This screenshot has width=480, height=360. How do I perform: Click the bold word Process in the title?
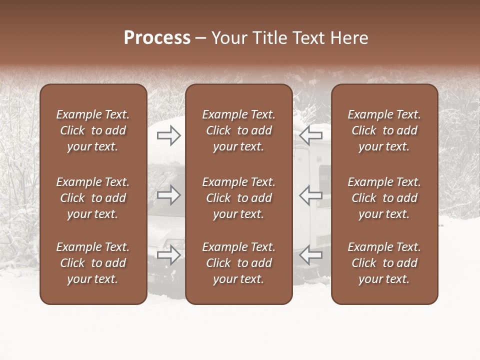pyautogui.click(x=157, y=38)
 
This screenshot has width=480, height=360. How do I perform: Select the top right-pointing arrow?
pyautogui.click(x=169, y=135)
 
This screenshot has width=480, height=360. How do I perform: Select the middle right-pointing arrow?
pyautogui.click(x=169, y=195)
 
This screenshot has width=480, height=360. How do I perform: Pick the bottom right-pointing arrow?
pyautogui.click(x=169, y=255)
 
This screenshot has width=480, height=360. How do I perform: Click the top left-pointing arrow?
pyautogui.click(x=310, y=135)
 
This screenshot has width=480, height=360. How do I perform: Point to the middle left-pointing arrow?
pyautogui.click(x=310, y=195)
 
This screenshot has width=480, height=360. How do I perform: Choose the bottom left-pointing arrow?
pyautogui.click(x=310, y=255)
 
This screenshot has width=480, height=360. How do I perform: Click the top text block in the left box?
pyautogui.click(x=93, y=130)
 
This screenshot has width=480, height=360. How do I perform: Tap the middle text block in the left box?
pyautogui.click(x=93, y=198)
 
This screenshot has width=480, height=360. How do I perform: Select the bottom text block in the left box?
pyautogui.click(x=93, y=263)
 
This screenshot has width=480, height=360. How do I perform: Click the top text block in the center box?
pyautogui.click(x=238, y=130)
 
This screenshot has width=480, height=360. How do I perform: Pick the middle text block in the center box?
pyautogui.click(x=238, y=198)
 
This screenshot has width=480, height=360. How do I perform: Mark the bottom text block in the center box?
pyautogui.click(x=238, y=263)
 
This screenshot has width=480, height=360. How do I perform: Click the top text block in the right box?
pyautogui.click(x=384, y=130)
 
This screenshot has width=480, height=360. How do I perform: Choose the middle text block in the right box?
pyautogui.click(x=384, y=198)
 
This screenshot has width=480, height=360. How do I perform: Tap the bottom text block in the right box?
pyautogui.click(x=384, y=263)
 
